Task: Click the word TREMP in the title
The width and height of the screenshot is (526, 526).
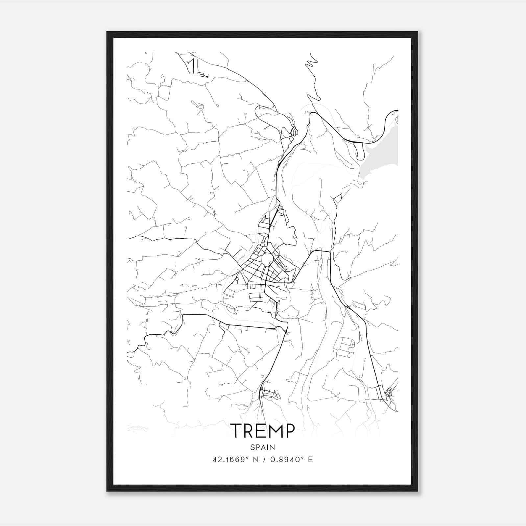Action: tap(263, 431)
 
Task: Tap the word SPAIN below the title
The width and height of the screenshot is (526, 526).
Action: tap(263, 447)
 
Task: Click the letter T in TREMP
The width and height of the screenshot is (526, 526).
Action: tap(237, 431)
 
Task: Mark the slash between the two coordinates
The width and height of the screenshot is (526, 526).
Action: tap(265, 460)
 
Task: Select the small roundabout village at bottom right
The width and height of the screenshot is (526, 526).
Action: tap(390, 391)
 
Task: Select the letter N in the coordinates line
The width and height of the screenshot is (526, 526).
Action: tap(254, 460)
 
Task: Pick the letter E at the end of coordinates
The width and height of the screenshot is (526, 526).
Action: tap(310, 460)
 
